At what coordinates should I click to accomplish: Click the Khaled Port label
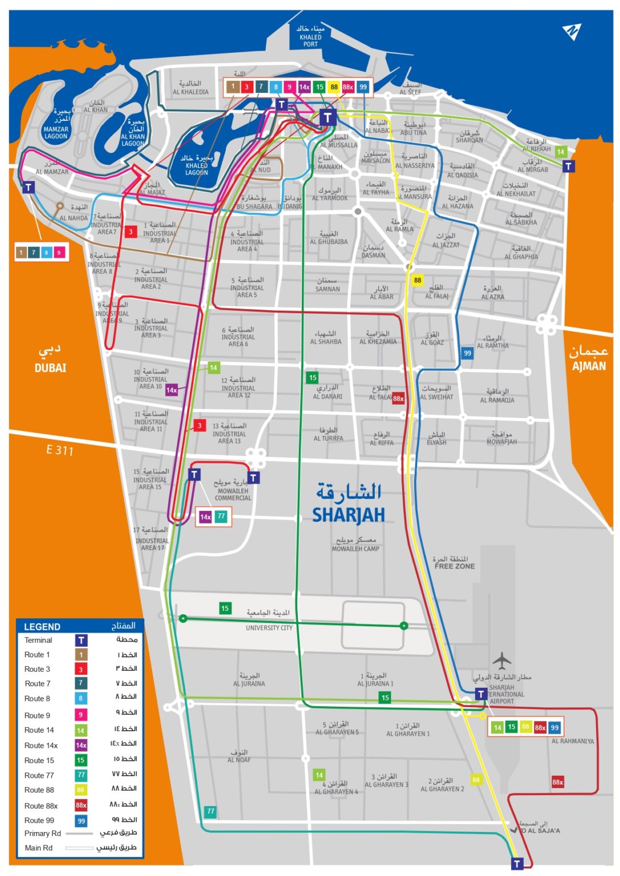[x=310, y=37]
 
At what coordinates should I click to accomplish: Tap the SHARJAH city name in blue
[x=348, y=514]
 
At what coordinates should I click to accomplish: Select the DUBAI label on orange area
[x=50, y=368]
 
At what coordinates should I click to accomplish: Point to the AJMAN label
[x=589, y=366]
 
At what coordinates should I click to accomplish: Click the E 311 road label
[x=60, y=450]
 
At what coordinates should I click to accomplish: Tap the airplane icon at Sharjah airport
[x=501, y=661]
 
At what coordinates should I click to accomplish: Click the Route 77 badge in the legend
[x=81, y=775]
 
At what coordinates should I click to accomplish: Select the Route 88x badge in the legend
[x=81, y=805]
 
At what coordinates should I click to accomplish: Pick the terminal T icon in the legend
[x=81, y=640]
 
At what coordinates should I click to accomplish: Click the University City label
[x=269, y=627]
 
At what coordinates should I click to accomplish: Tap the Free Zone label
[x=454, y=566]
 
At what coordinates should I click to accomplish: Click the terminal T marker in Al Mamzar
[x=29, y=188]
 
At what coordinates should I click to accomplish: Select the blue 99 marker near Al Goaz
[x=467, y=353]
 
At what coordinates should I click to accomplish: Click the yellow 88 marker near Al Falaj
[x=418, y=280]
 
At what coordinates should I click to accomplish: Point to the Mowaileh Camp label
[x=355, y=549]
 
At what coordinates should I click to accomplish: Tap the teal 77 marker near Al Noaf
[x=210, y=811]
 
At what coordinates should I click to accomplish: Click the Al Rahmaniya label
[x=572, y=741]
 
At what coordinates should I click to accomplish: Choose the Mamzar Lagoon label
[x=56, y=132]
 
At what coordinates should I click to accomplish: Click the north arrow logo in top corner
[x=571, y=32]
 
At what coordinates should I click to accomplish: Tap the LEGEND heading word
[x=42, y=627]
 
